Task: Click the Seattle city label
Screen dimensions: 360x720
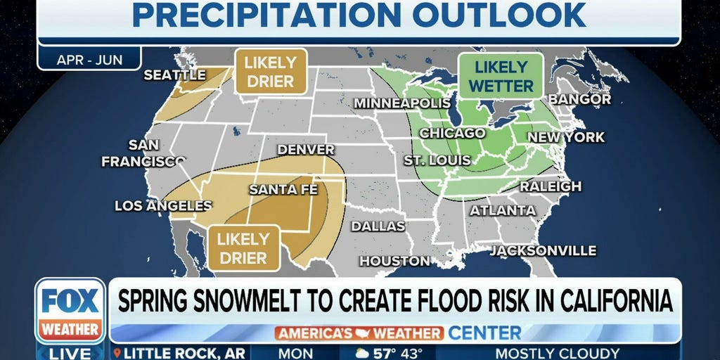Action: click(174, 75)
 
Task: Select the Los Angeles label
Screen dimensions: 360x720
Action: click(163, 206)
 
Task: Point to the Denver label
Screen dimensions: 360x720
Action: click(306, 150)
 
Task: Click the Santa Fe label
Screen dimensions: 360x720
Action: click(283, 190)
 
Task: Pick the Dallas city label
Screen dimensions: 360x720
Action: click(378, 226)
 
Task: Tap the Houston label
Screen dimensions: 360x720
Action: click(394, 261)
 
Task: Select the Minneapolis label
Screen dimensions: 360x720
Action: click(401, 103)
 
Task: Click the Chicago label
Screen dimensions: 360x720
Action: click(452, 133)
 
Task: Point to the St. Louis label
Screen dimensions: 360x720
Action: click(437, 160)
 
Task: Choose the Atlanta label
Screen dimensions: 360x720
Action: click(503, 210)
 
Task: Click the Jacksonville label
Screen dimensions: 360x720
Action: click(543, 251)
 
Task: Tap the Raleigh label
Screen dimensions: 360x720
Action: click(551, 186)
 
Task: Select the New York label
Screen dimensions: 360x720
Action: click(565, 137)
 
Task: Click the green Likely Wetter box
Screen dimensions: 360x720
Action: click(501, 77)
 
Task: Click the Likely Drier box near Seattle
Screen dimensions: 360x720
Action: click(270, 71)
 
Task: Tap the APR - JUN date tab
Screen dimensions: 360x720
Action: click(89, 59)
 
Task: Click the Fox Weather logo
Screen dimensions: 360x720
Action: click(70, 310)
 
